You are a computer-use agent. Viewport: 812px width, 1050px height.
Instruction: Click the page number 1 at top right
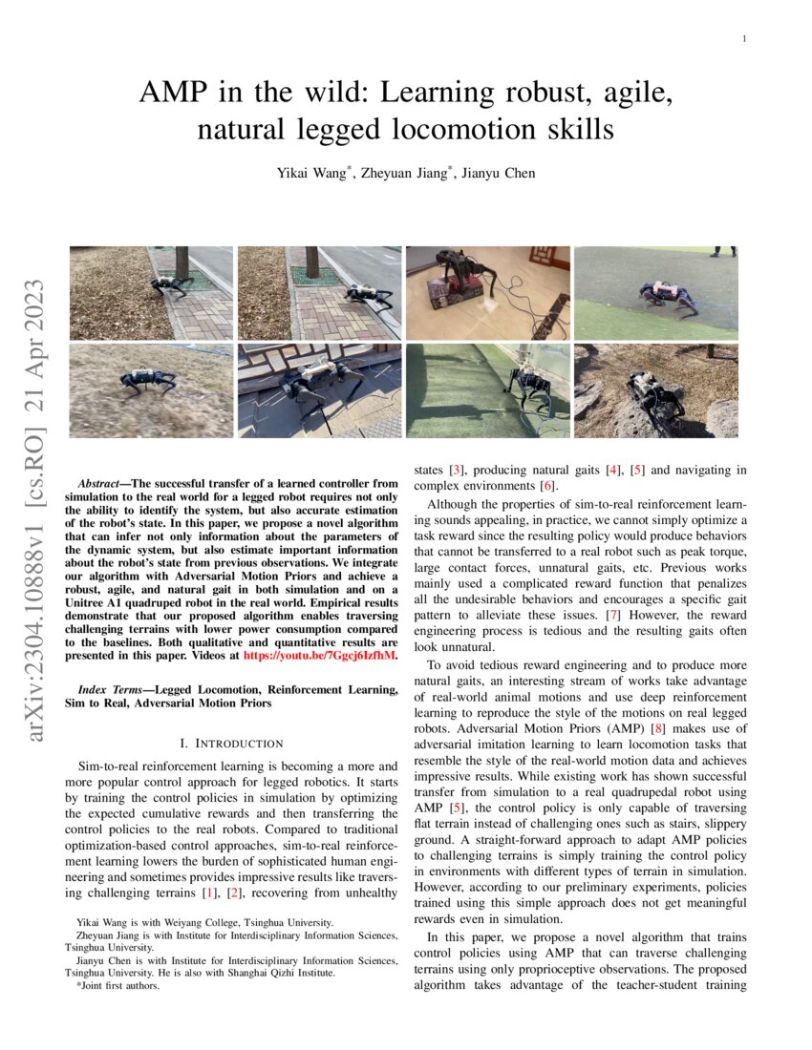click(742, 39)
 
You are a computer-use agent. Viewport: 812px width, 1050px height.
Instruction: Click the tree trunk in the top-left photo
click(182, 262)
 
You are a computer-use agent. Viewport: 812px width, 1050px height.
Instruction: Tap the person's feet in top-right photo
click(723, 252)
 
